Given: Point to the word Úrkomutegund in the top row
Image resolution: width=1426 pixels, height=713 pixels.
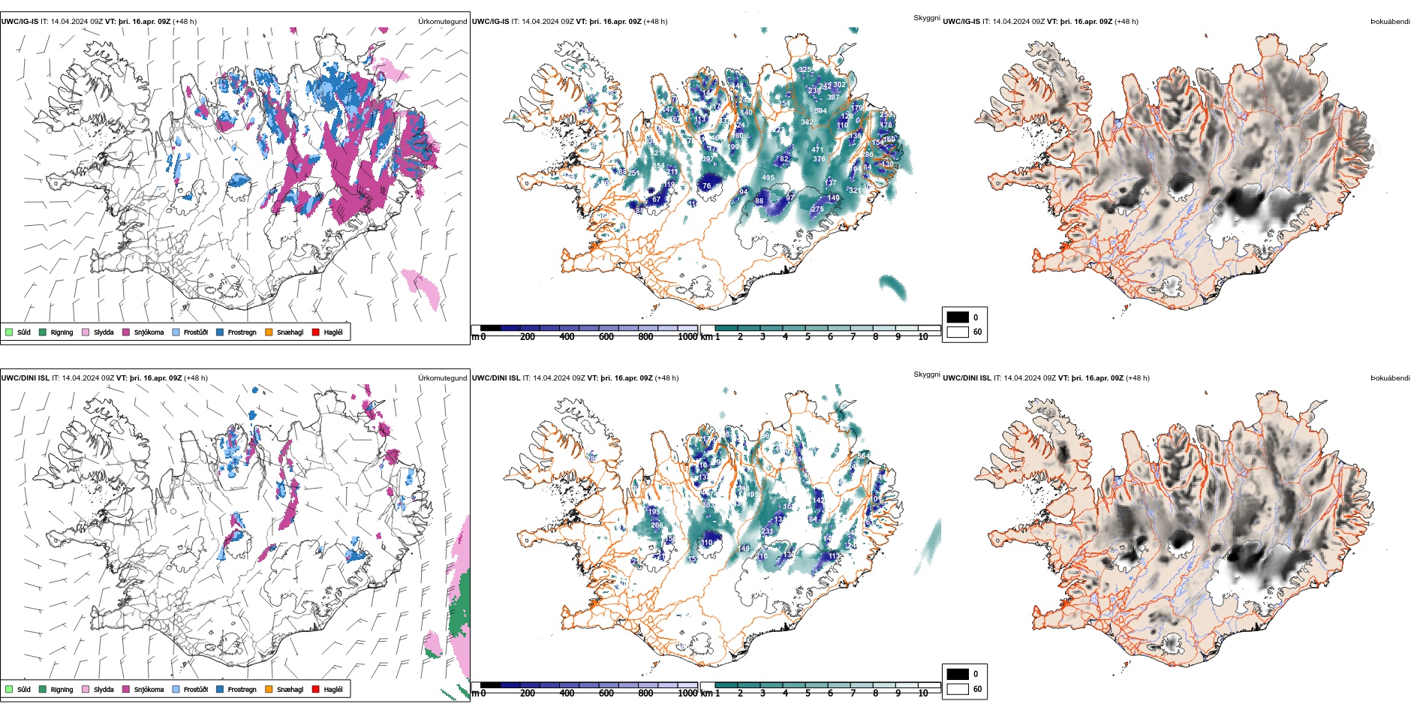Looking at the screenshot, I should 442,22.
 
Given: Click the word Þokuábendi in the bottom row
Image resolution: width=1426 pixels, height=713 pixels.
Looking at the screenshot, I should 1390,378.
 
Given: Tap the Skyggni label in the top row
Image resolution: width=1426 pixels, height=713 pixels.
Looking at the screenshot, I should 926,18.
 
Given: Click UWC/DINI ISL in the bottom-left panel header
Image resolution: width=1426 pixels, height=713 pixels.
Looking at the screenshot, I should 25,378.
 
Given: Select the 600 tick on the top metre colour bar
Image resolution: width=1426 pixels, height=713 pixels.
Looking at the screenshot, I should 606,337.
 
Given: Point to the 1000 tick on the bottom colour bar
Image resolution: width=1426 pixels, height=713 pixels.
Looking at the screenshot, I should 687,693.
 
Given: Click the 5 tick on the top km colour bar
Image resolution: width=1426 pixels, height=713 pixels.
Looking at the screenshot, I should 808,337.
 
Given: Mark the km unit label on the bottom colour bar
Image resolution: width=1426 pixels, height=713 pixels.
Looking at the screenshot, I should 706,693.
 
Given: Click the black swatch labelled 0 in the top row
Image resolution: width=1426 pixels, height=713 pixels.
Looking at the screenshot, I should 958,317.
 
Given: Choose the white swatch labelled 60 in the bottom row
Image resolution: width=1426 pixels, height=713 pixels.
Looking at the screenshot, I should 958,688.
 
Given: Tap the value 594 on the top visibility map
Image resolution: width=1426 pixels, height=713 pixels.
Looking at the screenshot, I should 821,111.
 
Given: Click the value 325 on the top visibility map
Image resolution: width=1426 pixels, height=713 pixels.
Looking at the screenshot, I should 805,70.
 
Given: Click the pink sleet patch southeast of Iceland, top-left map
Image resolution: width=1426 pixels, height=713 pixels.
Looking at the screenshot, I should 420,286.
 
